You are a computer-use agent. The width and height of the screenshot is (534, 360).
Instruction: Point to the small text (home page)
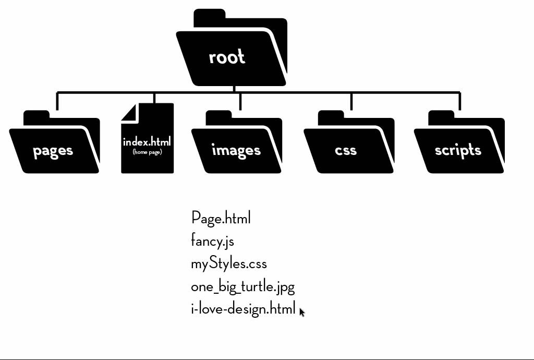click(x=147, y=152)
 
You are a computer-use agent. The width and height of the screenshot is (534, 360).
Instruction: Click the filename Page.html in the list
click(x=221, y=218)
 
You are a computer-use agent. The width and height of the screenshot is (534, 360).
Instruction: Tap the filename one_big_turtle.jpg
click(x=242, y=287)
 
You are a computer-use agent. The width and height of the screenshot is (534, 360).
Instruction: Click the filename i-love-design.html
click(x=243, y=309)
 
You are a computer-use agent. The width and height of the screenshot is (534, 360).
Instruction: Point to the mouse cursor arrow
click(x=302, y=311)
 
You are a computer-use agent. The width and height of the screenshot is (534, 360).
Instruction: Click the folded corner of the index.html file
click(x=129, y=112)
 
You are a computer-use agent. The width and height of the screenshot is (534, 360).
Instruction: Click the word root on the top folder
click(x=227, y=57)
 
